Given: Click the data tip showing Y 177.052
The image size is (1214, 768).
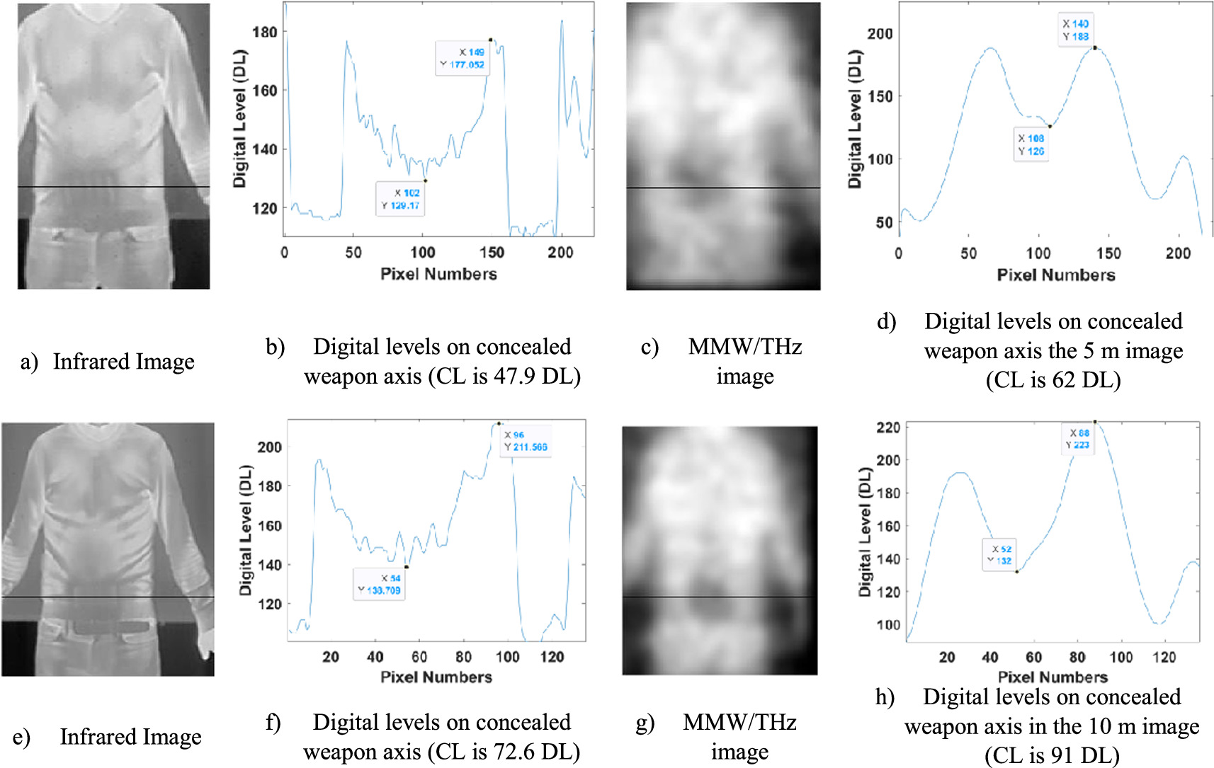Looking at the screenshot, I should pyautogui.click(x=461, y=58).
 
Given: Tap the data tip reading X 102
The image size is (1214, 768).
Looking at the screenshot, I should pyautogui.click(x=401, y=199).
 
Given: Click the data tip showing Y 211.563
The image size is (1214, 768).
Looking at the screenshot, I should pyautogui.click(x=526, y=441).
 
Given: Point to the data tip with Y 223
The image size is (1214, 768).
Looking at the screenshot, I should pyautogui.click(x=1078, y=439).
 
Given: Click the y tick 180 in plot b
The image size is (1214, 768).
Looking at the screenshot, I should pyautogui.click(x=264, y=32).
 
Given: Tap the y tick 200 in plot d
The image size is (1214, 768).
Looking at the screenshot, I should pyautogui.click(x=880, y=33).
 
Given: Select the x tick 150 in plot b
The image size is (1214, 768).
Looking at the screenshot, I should pyautogui.click(x=492, y=253).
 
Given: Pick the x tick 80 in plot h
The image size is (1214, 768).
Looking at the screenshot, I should pyautogui.click(x=1077, y=657).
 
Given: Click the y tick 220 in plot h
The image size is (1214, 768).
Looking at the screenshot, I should pyautogui.click(x=888, y=427).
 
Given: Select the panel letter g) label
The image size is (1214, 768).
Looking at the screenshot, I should pyautogui.click(x=645, y=723).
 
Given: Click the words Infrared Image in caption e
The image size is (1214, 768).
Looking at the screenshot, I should pyautogui.click(x=130, y=737).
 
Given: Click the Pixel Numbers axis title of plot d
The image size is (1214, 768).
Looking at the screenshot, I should pyautogui.click(x=1055, y=275).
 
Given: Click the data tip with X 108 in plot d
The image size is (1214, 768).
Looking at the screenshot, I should pyautogui.click(x=1031, y=144).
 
